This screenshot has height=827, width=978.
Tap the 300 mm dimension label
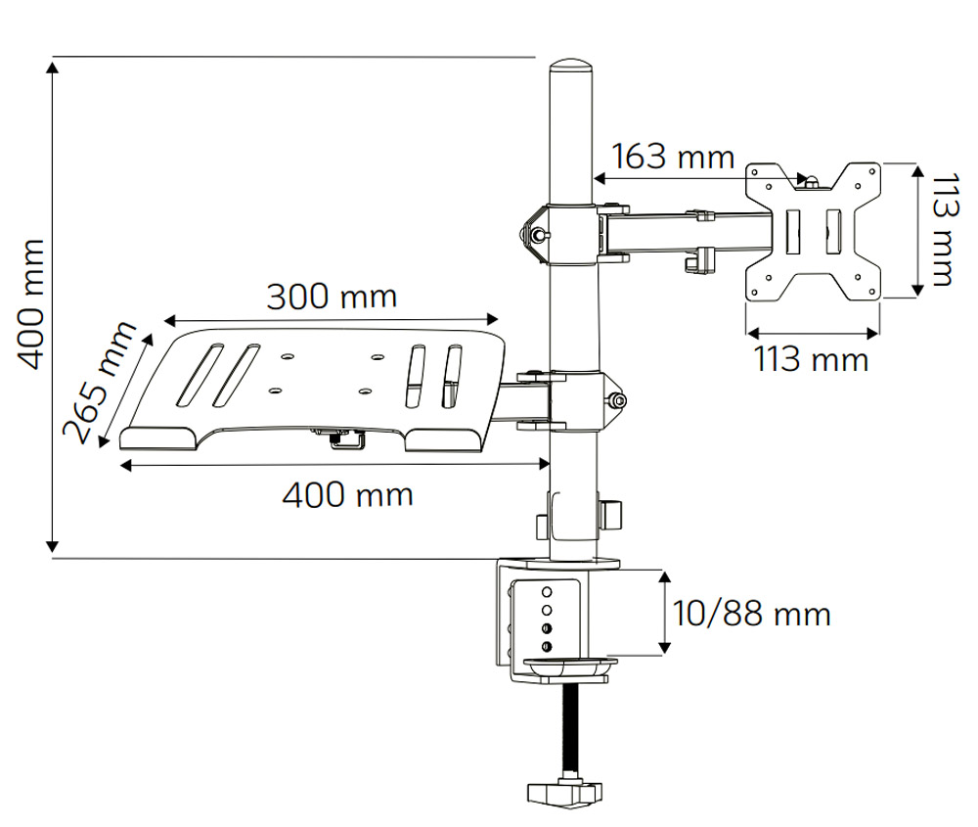(x=333, y=297)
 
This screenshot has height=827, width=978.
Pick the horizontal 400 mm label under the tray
(x=347, y=494)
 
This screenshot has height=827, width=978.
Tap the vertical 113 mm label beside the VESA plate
(x=942, y=230)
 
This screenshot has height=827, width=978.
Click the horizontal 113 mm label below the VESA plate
(x=811, y=359)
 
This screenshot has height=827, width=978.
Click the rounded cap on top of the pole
(x=571, y=72)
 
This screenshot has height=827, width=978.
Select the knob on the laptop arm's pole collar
(x=617, y=400)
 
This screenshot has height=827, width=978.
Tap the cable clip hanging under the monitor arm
(x=696, y=259)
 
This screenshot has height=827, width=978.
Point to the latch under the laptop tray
(x=344, y=440)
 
